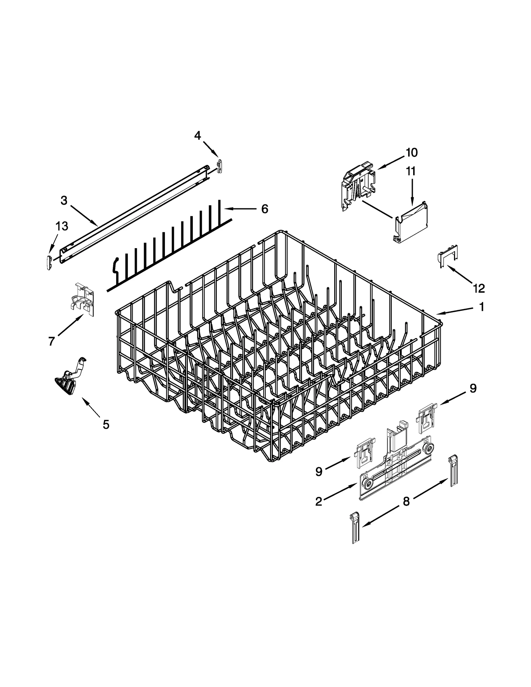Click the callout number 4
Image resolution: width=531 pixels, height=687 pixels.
pos(197,135)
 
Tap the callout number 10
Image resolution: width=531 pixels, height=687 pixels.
pos(411,153)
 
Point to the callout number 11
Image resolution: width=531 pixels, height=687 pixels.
pos(411,171)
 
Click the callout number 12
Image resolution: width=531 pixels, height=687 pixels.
pos(479,288)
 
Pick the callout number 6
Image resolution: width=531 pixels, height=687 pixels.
pos(265,209)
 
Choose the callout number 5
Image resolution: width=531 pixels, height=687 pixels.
pos(106,424)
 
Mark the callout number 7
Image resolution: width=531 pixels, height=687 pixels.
pos(51,341)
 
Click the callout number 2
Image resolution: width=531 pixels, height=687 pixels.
pos(319,502)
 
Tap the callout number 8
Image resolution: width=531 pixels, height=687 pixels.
pos(406,501)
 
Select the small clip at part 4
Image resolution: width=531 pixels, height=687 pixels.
pos(219,166)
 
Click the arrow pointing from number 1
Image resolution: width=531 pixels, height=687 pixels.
pos(455,311)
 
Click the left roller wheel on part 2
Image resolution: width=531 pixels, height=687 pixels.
pos(367,484)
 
